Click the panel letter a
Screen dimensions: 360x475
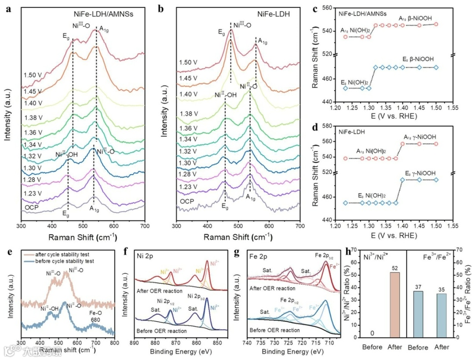(8, 8)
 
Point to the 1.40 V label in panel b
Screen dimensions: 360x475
(188, 94)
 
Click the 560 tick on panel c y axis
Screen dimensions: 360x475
(327, 9)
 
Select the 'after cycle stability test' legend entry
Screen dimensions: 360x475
(75, 254)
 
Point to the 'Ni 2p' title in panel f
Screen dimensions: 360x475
(144, 255)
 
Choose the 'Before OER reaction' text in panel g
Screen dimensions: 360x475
(272, 330)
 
